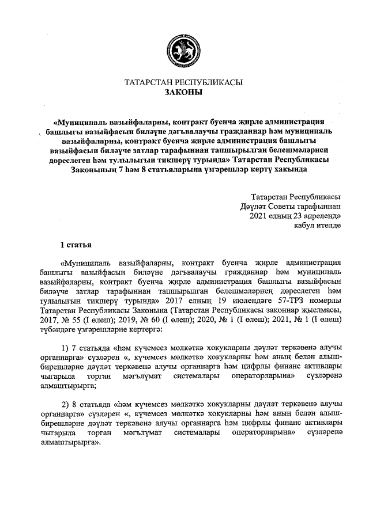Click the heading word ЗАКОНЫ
(x=184, y=92)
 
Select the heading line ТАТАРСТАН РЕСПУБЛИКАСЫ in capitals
(x=184, y=82)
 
